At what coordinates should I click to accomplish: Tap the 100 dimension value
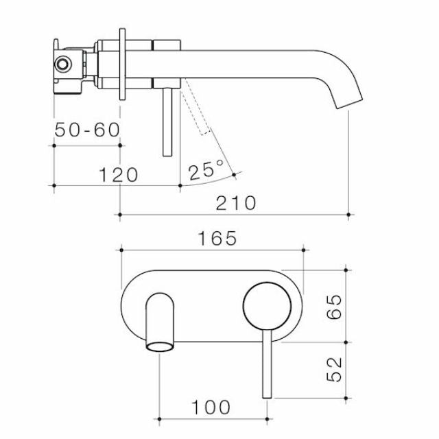point(211,406)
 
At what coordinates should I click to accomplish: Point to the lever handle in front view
point(267,364)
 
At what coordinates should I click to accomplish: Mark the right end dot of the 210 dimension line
point(350,215)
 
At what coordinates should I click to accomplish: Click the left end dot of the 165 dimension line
point(121,249)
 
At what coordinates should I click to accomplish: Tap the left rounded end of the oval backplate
point(124,305)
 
